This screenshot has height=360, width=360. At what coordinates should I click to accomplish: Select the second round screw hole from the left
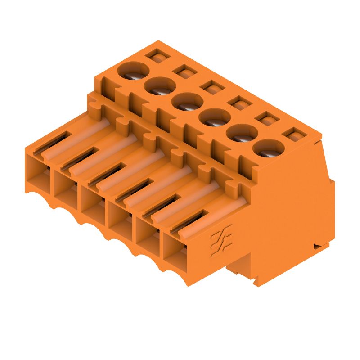click(x=160, y=85)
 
